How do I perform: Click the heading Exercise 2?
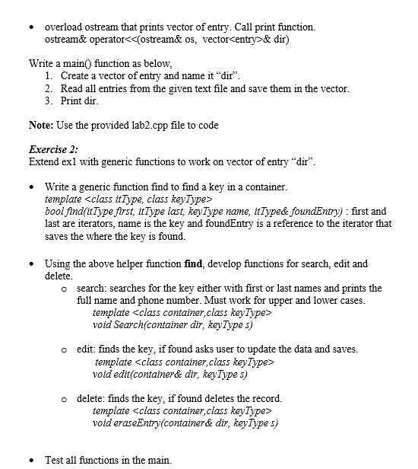(53, 149)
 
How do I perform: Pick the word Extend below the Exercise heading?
(43, 161)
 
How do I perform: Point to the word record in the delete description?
(264, 398)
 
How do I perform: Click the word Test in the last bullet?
(55, 459)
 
